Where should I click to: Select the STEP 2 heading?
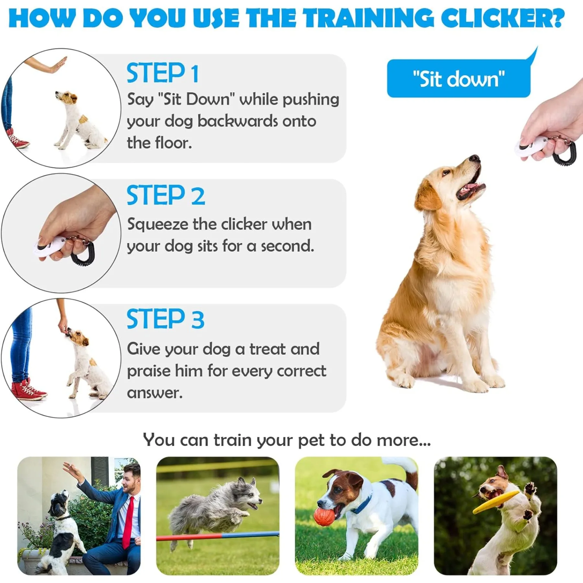(x=166, y=195)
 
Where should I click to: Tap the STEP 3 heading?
(x=166, y=319)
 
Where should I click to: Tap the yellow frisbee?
(x=495, y=502)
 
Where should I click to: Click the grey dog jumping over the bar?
(x=215, y=509)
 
